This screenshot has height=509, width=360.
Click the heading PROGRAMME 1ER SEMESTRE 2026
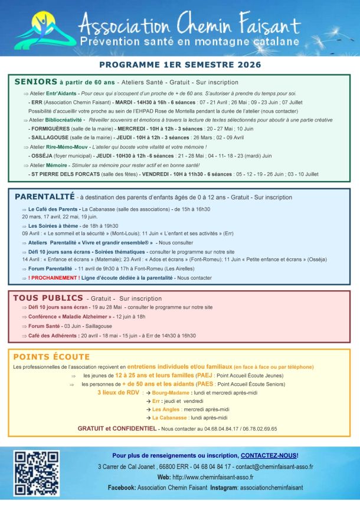coord(180,64)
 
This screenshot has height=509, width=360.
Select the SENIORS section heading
coord(35,82)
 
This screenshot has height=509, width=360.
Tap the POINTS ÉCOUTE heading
coord(51,357)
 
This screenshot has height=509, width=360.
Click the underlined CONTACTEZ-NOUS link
coord(269,455)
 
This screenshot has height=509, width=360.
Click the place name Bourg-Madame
coord(170,392)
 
